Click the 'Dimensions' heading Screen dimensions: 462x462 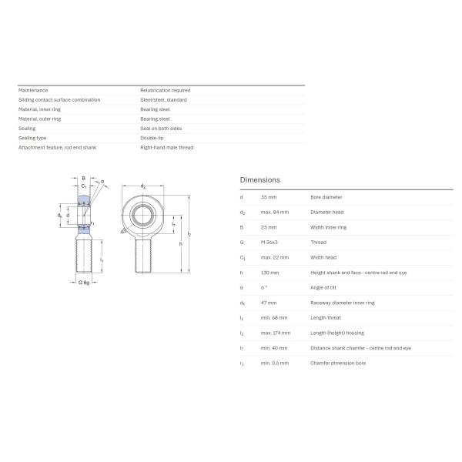[259, 179]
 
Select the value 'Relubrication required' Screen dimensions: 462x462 [165, 90]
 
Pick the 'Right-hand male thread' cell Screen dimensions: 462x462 [166, 147]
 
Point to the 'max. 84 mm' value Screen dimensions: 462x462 [275, 212]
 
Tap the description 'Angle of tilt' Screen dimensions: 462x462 [323, 287]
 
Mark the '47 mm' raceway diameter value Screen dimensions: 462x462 [269, 303]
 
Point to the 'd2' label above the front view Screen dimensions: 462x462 [143, 187]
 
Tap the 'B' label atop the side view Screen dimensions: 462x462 [83, 179]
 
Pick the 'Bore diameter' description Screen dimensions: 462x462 [326, 197]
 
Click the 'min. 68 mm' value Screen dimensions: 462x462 [274, 317]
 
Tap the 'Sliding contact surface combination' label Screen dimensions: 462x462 [59, 99]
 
